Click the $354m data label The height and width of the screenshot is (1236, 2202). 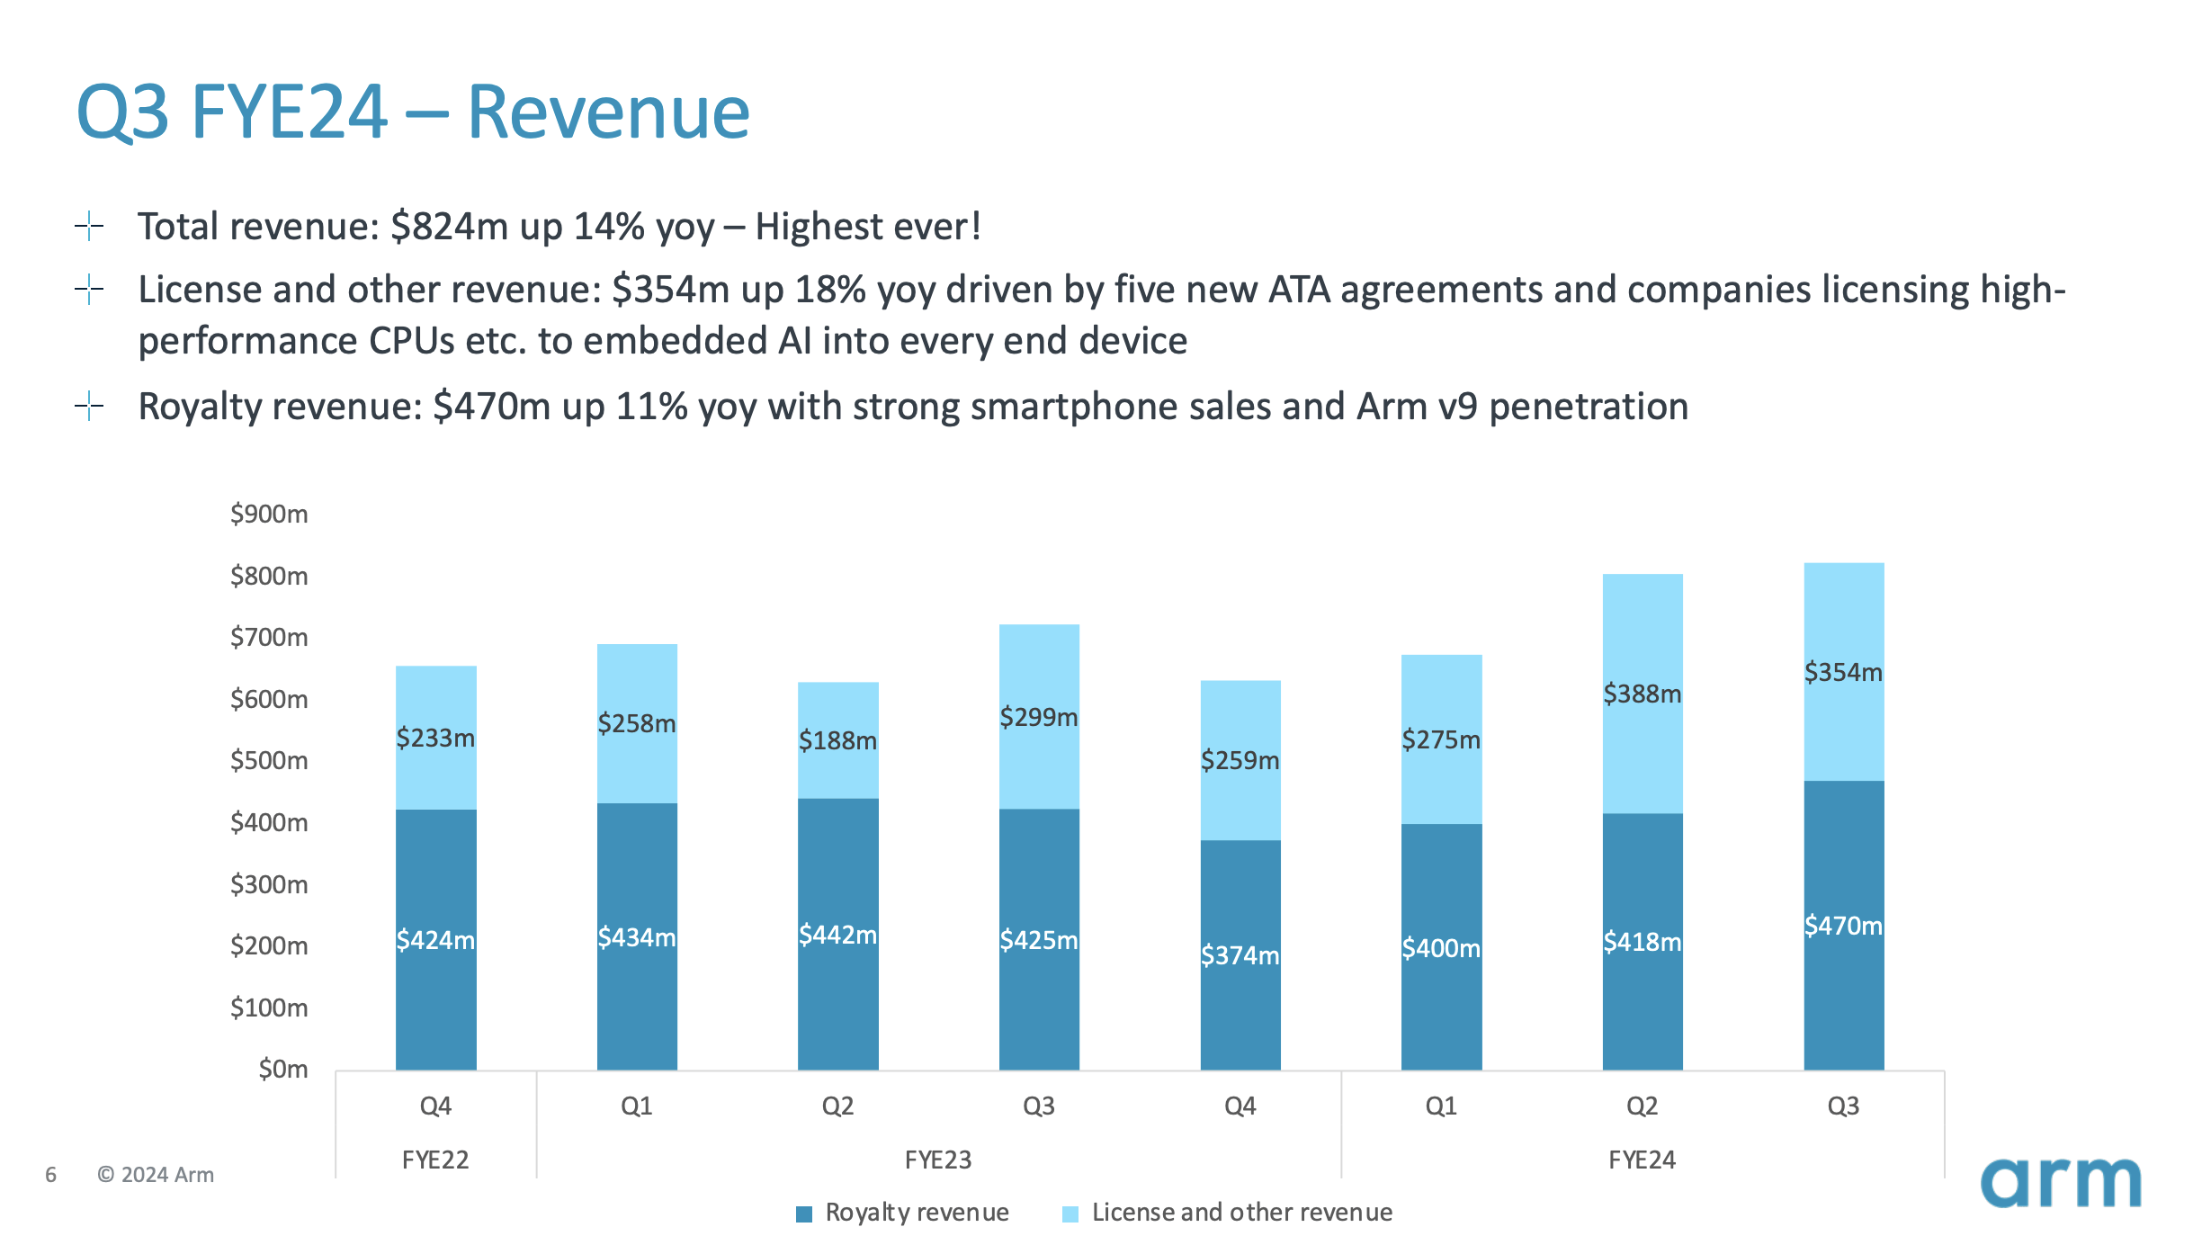click(x=1843, y=672)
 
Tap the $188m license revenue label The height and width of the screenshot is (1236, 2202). click(x=837, y=740)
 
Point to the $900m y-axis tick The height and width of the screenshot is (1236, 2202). click(x=269, y=514)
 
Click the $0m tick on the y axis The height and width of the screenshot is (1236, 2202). click(x=282, y=1069)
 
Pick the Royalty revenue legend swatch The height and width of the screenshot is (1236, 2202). click(x=804, y=1214)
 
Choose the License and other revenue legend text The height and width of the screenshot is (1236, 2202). click(x=1241, y=1213)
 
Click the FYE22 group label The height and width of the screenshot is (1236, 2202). click(x=435, y=1160)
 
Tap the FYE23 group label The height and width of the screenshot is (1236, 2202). click(x=938, y=1160)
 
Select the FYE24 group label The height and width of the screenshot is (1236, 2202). click(x=1642, y=1160)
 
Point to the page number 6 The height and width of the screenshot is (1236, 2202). click(x=51, y=1175)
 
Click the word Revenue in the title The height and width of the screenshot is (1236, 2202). click(x=608, y=112)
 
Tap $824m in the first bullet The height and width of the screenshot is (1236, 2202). click(x=450, y=227)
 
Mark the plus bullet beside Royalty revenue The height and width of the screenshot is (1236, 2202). click(x=89, y=407)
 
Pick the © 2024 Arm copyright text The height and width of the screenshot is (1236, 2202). click(x=156, y=1175)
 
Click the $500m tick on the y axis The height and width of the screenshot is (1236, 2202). click(x=269, y=761)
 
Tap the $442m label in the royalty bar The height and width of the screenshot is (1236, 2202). click(x=837, y=935)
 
